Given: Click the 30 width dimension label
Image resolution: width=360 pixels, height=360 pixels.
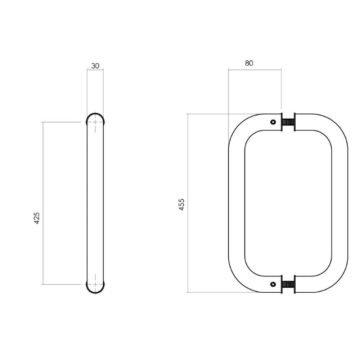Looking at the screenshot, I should pyautogui.click(x=95, y=66).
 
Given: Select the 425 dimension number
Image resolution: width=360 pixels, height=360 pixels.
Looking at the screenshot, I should pyautogui.click(x=36, y=219).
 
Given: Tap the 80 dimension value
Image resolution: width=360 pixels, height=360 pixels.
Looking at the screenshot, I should pyautogui.click(x=249, y=63).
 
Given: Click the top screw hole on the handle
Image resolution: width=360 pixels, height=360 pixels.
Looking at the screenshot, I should pyautogui.click(x=273, y=122).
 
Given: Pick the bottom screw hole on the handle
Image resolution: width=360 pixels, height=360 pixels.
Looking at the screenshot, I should pyautogui.click(x=273, y=284).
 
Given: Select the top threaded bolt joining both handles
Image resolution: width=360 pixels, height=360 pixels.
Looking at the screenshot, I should pyautogui.click(x=288, y=122).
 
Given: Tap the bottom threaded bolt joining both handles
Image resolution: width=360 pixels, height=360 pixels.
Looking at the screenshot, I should pyautogui.click(x=288, y=284).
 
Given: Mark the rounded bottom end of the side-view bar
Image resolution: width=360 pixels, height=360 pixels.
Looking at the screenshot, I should pyautogui.click(x=95, y=290).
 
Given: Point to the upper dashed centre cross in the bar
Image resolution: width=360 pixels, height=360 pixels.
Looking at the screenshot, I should pyautogui.click(x=95, y=122).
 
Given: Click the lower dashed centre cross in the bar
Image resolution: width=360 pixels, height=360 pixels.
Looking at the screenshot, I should pyautogui.click(x=95, y=284).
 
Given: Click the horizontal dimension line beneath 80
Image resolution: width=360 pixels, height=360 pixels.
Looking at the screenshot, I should pyautogui.click(x=255, y=69).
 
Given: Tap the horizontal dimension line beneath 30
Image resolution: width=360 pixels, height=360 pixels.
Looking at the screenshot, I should pyautogui.click(x=95, y=69).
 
